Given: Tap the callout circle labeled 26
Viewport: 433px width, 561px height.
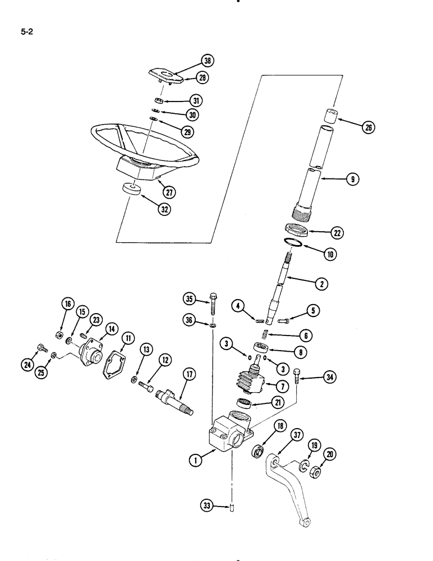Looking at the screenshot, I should (x=368, y=127).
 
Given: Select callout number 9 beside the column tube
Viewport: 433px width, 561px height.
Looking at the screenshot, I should (x=353, y=180).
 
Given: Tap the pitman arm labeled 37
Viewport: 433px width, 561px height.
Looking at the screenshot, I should (x=291, y=494).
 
